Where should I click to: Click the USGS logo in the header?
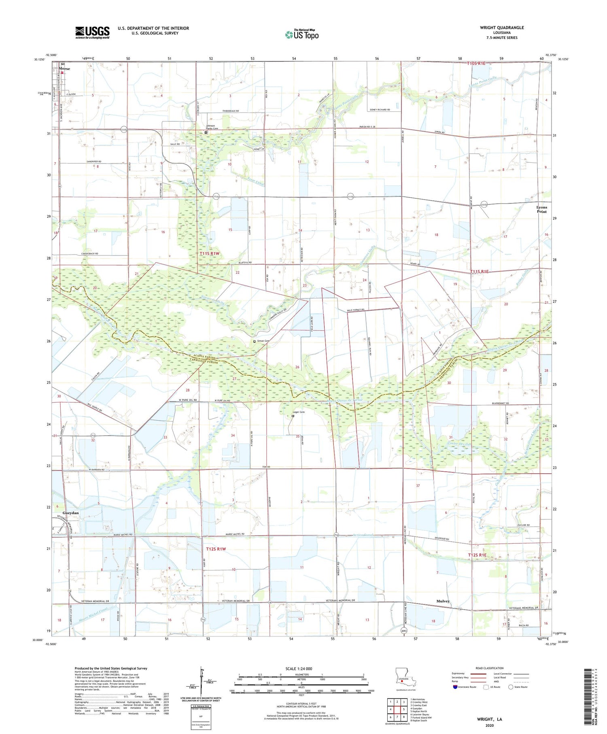click(92, 32)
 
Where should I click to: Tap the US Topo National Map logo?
click(302, 34)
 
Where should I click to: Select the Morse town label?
click(64, 69)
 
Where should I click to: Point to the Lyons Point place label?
click(541, 209)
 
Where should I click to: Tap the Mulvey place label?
click(443, 601)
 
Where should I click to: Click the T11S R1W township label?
click(209, 253)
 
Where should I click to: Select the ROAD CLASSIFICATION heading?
click(490, 668)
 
